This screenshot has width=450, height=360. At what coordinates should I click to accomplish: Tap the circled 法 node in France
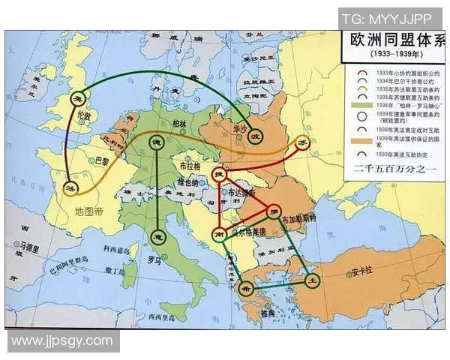72,186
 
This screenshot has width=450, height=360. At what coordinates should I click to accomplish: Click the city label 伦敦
83,118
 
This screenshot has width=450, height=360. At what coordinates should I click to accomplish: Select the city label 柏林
178,124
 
